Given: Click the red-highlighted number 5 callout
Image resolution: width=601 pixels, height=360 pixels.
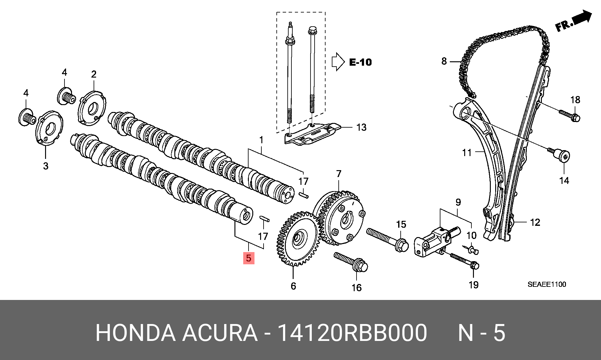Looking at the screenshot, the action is click(x=249, y=258).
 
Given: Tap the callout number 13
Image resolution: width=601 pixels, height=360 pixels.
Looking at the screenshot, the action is click(x=361, y=127).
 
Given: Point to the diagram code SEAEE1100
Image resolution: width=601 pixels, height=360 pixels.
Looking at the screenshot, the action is click(x=547, y=284).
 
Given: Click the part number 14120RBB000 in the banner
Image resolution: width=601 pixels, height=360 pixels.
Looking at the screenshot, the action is click(x=352, y=333).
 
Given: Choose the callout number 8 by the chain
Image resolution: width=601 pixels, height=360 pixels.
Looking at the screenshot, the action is click(x=444, y=61).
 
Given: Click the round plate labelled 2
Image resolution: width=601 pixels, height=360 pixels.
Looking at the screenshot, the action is click(x=92, y=108).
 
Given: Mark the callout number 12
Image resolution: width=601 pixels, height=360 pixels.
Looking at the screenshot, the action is click(x=535, y=222).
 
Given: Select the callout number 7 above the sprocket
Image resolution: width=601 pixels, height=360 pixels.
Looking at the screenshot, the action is click(x=339, y=174).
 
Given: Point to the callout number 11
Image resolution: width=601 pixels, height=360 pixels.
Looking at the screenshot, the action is click(x=467, y=153).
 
